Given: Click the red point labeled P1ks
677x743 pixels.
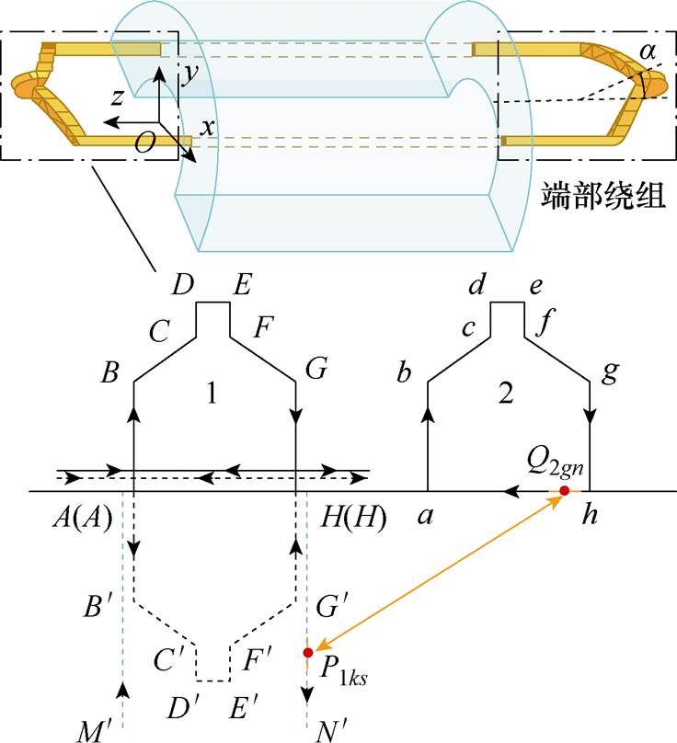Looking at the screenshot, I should pyautogui.click(x=308, y=653).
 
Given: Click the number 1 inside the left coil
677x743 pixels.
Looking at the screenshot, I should pyautogui.click(x=212, y=393).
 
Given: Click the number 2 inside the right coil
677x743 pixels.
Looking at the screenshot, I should pyautogui.click(x=504, y=393).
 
